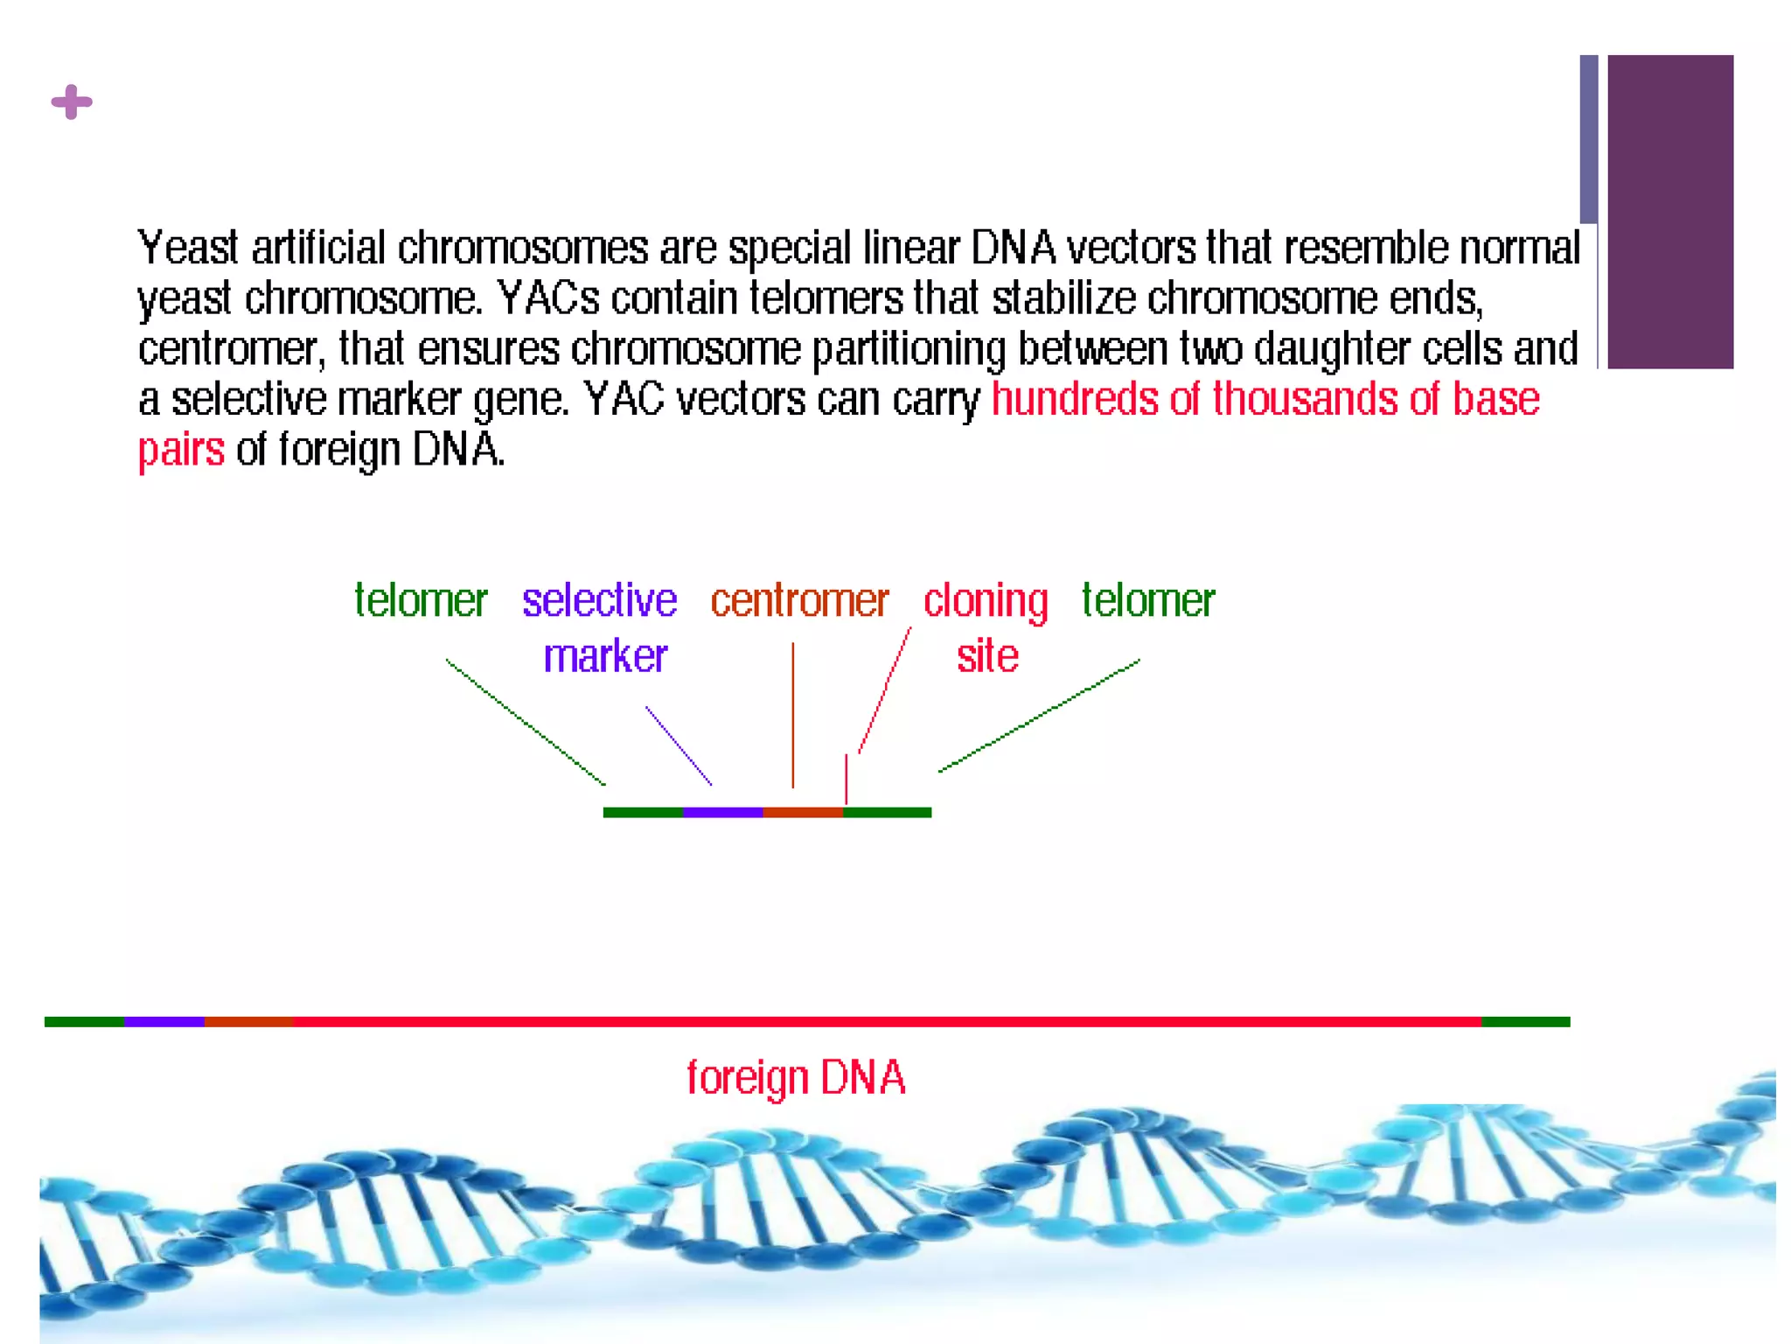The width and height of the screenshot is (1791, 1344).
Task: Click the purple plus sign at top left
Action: (x=72, y=102)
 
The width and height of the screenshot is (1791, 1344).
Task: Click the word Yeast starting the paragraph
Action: (x=187, y=248)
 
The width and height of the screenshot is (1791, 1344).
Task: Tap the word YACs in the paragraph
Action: (x=548, y=298)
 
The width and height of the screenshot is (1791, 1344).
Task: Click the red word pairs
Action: (x=181, y=450)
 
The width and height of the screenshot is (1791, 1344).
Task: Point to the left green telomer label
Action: (x=421, y=601)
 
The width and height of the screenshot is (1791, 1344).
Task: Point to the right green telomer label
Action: (x=1147, y=601)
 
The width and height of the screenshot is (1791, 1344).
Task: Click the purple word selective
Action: (x=599, y=601)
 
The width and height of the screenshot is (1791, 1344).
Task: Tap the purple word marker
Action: (x=605, y=656)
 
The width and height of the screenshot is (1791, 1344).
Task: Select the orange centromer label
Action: (x=799, y=601)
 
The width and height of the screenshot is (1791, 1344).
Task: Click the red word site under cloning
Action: (x=987, y=656)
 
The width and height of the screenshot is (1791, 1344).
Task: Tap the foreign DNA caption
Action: (x=795, y=1077)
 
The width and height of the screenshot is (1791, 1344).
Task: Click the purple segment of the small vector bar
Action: (x=722, y=813)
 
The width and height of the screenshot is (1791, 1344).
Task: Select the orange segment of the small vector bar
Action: (x=803, y=813)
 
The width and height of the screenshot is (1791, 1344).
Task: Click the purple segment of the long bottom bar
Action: (x=164, y=1022)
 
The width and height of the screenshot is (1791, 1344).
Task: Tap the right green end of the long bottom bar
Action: (x=1525, y=1022)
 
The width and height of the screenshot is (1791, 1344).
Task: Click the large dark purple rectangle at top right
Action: (x=1670, y=212)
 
